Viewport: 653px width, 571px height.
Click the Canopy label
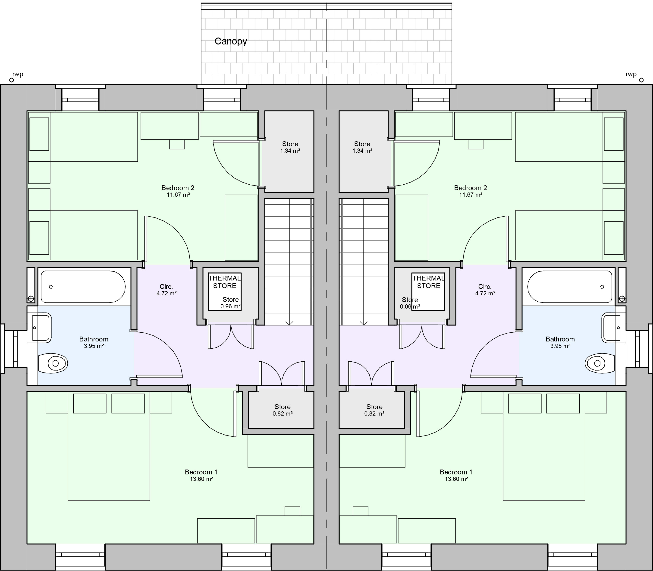231,41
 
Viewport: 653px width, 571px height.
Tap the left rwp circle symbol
12,80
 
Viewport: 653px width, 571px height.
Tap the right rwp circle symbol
641,80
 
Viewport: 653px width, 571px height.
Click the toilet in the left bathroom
53,363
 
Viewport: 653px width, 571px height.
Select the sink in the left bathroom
41,328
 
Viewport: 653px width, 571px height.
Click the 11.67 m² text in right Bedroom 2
471,195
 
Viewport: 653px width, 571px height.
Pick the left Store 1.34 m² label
290,147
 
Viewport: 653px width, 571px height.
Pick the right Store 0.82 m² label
374,410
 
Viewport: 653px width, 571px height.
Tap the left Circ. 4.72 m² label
166,290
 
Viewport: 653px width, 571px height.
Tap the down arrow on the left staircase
289,323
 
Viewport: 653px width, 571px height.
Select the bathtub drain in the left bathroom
51,287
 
